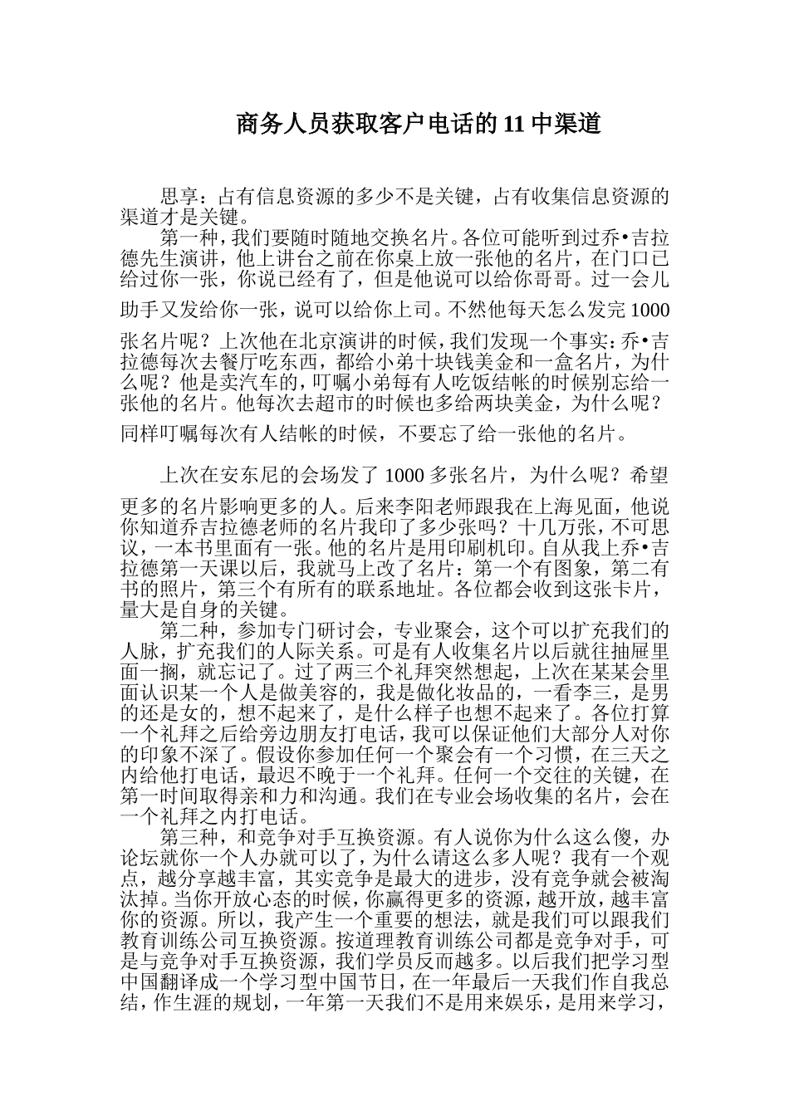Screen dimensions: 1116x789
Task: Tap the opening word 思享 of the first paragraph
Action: tap(179, 198)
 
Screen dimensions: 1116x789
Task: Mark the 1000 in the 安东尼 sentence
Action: tap(405, 475)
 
